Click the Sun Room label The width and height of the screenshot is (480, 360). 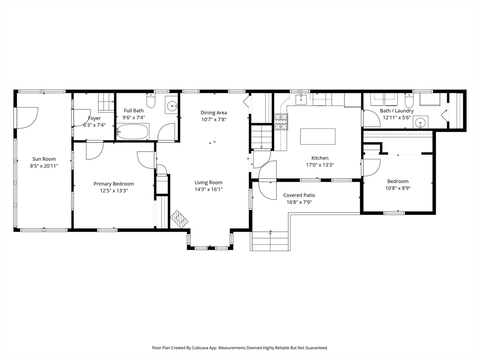tap(44, 159)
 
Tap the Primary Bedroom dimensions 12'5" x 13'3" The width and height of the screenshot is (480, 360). tap(113, 191)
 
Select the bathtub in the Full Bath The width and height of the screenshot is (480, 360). tap(133, 132)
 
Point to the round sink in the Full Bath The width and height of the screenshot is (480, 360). tap(172, 106)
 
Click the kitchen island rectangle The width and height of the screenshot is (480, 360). tap(318, 136)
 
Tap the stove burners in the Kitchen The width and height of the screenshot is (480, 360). tap(281, 122)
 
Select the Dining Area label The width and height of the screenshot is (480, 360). tap(214, 112)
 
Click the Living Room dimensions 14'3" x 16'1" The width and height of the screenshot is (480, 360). tap(209, 189)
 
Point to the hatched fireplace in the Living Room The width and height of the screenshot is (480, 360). tap(180, 219)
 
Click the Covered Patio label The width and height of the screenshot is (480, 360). tap(299, 195)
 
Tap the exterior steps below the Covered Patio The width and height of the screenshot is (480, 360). tap(270, 241)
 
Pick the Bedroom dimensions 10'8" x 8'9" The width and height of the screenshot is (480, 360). tap(397, 188)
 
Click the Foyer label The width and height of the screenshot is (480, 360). tap(94, 118)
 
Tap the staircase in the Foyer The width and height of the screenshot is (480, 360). tap(106, 103)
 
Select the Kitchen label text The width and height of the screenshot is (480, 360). tap(320, 158)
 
